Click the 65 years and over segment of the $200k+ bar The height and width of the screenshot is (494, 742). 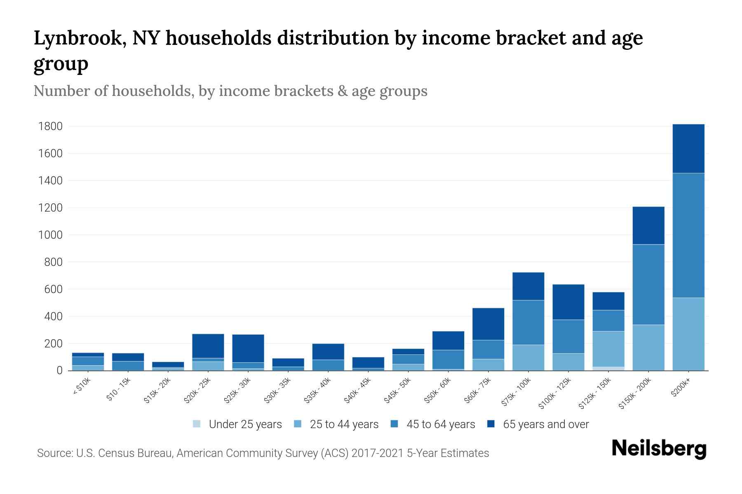click(x=688, y=149)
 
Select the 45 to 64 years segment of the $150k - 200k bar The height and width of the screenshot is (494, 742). click(x=648, y=284)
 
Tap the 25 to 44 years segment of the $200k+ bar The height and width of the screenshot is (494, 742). click(x=688, y=334)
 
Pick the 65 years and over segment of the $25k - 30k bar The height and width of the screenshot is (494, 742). click(x=248, y=348)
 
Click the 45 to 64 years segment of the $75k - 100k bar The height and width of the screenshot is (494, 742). click(x=528, y=322)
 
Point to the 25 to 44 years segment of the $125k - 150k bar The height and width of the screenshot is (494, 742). click(x=608, y=349)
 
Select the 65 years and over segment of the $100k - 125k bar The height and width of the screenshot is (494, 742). click(x=568, y=302)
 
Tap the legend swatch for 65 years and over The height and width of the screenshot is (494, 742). click(x=491, y=424)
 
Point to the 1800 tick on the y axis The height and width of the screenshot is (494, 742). click(x=50, y=126)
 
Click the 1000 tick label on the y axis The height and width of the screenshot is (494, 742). click(x=50, y=235)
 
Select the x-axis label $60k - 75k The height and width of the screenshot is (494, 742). click(x=478, y=390)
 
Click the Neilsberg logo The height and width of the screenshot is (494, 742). click(x=659, y=449)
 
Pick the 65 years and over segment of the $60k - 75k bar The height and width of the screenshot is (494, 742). click(x=488, y=324)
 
